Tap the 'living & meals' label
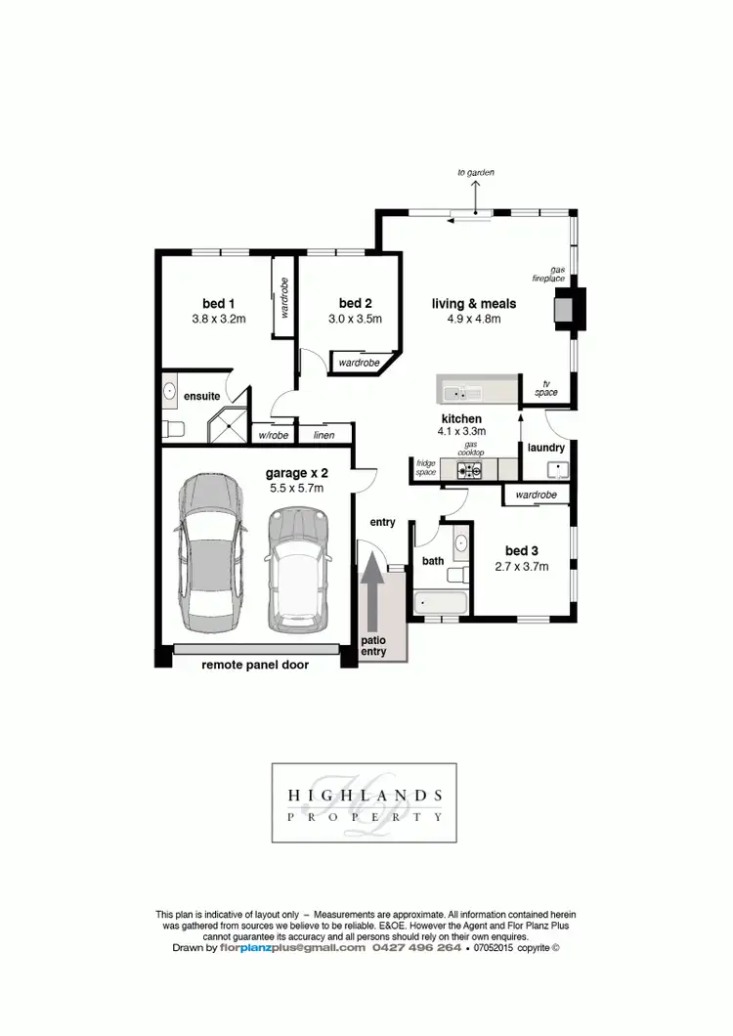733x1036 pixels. (473, 304)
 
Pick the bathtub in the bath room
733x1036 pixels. (439, 603)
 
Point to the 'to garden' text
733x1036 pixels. (477, 173)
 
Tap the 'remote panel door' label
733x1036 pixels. (255, 666)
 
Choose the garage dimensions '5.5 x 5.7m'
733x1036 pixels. (294, 488)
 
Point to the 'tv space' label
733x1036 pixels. (545, 390)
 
